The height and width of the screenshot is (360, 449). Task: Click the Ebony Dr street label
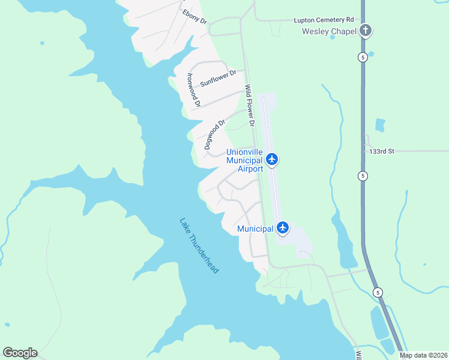coord(194,16)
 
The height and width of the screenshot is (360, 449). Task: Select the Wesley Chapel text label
coord(329,31)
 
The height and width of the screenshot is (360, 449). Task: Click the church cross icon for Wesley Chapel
coord(365,31)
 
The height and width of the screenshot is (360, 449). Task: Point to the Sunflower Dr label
coord(218,79)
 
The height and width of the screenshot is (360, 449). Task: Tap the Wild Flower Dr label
coord(250,105)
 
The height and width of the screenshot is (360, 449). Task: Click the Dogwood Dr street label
coord(214,134)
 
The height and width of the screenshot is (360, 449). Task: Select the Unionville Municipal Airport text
coord(244,160)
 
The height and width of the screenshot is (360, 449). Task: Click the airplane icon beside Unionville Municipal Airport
coord(273,159)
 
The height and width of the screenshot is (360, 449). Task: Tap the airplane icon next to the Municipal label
coord(283,228)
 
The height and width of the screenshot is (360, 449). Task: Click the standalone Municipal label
coord(255,229)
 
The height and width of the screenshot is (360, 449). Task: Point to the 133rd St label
coord(381,151)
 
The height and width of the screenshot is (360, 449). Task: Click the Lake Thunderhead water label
coord(199,245)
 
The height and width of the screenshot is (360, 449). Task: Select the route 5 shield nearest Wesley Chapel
coord(363,57)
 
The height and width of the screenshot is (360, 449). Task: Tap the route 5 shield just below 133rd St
coord(363,175)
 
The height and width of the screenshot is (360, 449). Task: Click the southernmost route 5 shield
coord(377,292)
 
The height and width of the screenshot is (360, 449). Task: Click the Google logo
coord(20,353)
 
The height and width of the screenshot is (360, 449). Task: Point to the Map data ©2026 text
coord(423,355)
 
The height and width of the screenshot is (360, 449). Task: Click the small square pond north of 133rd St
coord(379,125)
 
